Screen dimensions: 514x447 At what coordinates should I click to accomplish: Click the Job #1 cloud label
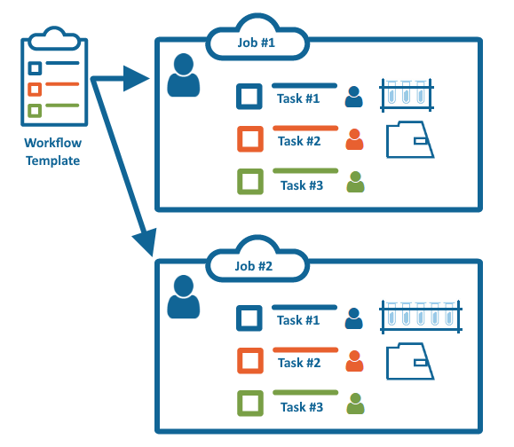(257, 43)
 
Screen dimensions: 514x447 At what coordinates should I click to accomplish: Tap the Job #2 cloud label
(254, 266)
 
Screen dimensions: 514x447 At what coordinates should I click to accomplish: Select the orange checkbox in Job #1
(250, 139)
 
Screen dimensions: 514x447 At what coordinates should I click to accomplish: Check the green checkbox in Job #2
(250, 404)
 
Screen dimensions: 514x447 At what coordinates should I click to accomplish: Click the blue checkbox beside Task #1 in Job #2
(249, 318)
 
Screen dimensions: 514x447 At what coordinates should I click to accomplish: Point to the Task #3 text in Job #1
(302, 185)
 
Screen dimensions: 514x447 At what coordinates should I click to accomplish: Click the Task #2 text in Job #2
(299, 363)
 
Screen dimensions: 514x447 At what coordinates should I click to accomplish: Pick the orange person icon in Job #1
(354, 139)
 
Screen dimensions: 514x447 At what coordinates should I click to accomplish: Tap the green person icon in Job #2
(355, 404)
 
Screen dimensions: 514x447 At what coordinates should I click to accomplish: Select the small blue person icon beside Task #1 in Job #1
(353, 97)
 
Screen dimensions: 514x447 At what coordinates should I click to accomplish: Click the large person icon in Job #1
(184, 75)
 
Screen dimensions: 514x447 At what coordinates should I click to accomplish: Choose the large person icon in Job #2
(184, 297)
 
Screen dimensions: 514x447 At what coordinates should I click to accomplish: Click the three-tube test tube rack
(407, 95)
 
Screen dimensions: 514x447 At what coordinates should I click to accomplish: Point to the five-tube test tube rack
(421, 317)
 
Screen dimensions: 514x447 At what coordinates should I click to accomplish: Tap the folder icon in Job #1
(410, 139)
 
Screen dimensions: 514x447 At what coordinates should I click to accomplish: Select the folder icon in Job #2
(410, 361)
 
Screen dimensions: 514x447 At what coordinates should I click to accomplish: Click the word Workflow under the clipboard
(52, 143)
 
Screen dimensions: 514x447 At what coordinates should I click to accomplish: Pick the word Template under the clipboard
(52, 161)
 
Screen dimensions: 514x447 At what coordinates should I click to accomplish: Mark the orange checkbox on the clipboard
(35, 90)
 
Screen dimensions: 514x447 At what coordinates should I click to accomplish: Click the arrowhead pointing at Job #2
(146, 241)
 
